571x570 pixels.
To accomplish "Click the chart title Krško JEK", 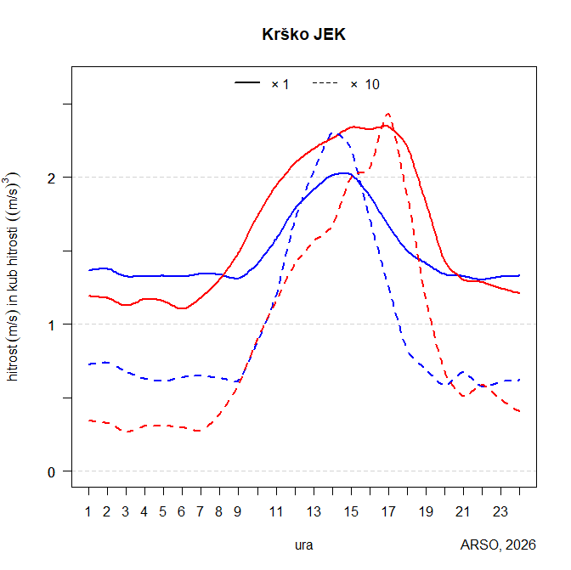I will click(303, 35).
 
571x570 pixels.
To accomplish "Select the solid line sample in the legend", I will click(247, 83).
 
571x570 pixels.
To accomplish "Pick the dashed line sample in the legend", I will click(325, 83).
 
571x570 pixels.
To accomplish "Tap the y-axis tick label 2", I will click(53, 178).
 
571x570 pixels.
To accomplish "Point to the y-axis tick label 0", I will click(53, 471).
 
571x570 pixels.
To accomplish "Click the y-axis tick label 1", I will click(53, 325).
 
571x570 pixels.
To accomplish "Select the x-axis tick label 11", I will click(276, 511).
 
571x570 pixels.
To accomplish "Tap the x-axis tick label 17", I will click(388, 511).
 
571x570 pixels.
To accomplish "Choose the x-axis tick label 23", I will click(500, 511).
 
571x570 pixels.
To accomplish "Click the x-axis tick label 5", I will click(163, 511).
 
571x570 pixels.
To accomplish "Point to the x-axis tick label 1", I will click(88, 511).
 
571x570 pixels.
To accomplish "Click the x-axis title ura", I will click(303, 545).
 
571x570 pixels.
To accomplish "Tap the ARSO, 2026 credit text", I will click(498, 545).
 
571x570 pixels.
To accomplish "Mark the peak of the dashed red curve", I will click(387, 113).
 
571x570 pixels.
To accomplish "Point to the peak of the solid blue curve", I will click(342, 172).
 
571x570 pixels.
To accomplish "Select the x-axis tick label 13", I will click(314, 511).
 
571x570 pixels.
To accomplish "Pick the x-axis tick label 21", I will click(463, 511).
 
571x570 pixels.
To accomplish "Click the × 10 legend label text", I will click(365, 83).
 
